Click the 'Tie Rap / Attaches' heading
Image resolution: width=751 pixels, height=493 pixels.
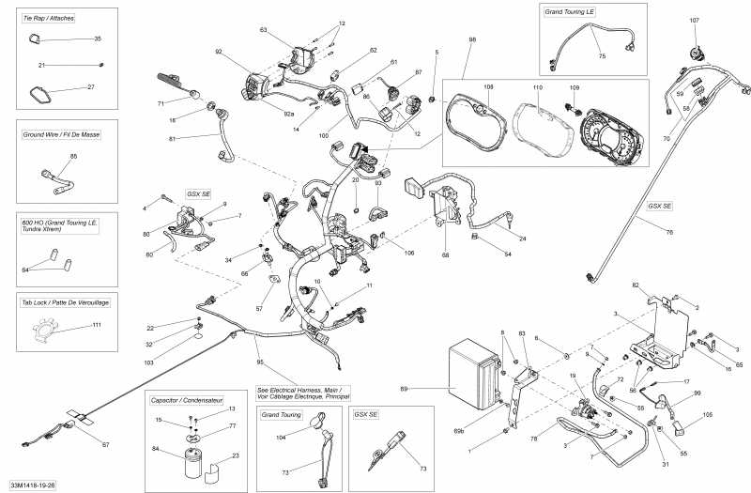(x=50, y=18)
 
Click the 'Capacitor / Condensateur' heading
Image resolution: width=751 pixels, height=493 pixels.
(x=195, y=400)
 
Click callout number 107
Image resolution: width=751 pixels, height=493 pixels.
(x=695, y=21)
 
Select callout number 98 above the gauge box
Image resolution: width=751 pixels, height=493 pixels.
(x=472, y=40)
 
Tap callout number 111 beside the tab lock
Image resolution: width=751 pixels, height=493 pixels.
(x=97, y=325)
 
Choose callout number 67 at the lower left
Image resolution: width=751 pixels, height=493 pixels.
(x=105, y=444)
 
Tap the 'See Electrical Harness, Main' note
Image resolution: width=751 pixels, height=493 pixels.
(x=301, y=393)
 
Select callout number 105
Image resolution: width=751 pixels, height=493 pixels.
(x=708, y=414)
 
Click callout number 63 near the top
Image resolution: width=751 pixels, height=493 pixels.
(x=263, y=31)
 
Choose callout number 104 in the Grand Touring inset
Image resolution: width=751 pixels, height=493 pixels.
(x=281, y=439)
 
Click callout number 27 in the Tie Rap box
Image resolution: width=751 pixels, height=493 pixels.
(x=91, y=87)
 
